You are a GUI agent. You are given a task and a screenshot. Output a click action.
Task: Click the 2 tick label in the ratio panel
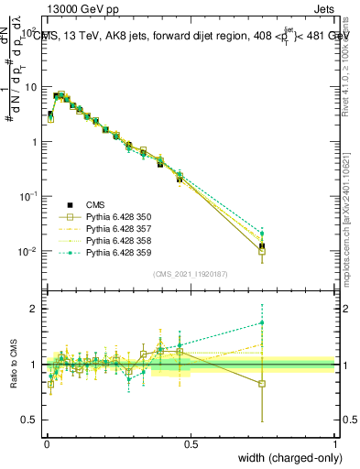pos(35,309)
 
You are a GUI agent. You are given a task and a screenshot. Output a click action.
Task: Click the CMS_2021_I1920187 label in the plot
pos(191,274)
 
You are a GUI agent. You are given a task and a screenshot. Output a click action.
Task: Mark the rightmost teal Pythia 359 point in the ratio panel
pos(262,322)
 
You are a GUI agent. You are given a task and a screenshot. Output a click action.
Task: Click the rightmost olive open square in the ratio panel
pos(262,384)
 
